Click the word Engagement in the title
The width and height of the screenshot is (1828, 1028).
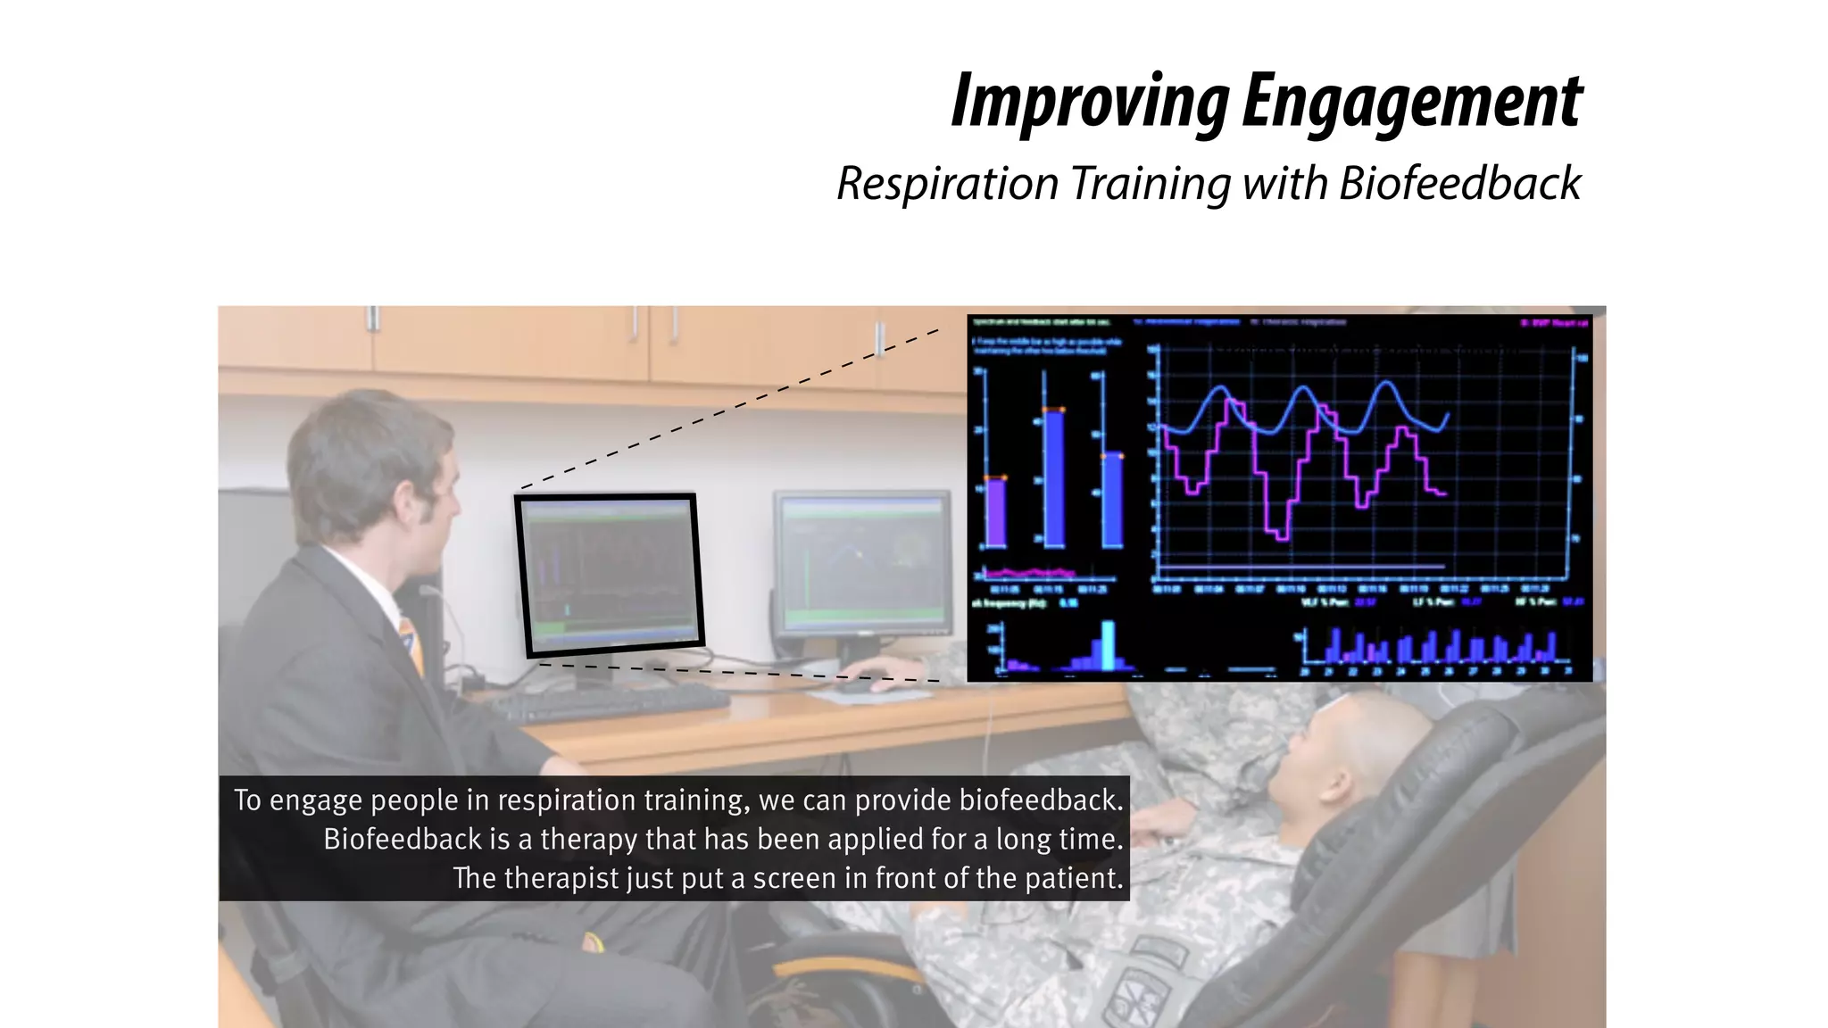[1410, 102]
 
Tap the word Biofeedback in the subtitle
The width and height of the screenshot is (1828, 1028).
[1459, 184]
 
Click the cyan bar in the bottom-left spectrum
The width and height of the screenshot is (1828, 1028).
[1108, 644]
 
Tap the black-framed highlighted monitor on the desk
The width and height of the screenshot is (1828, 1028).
[610, 573]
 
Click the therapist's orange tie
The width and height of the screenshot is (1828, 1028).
[411, 642]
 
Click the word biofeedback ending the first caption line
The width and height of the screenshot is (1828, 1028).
[1040, 800]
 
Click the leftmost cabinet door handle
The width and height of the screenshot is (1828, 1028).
[373, 319]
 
